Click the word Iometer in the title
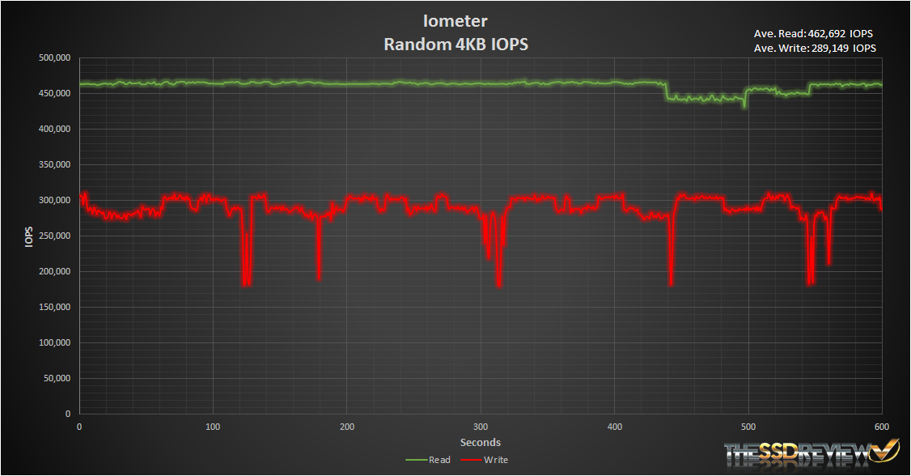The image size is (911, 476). (455, 20)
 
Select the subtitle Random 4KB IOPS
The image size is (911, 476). (455, 45)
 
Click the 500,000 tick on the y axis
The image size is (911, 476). (54, 58)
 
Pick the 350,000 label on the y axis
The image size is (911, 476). (54, 165)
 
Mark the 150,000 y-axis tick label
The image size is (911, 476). (54, 308)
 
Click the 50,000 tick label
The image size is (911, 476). (57, 379)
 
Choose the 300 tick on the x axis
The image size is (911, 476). (481, 427)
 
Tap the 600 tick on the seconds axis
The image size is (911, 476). (882, 427)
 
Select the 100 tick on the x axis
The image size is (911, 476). (213, 427)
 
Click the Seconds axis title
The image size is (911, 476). (481, 442)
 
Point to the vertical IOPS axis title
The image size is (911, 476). (29, 236)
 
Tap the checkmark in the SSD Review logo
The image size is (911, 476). (888, 449)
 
